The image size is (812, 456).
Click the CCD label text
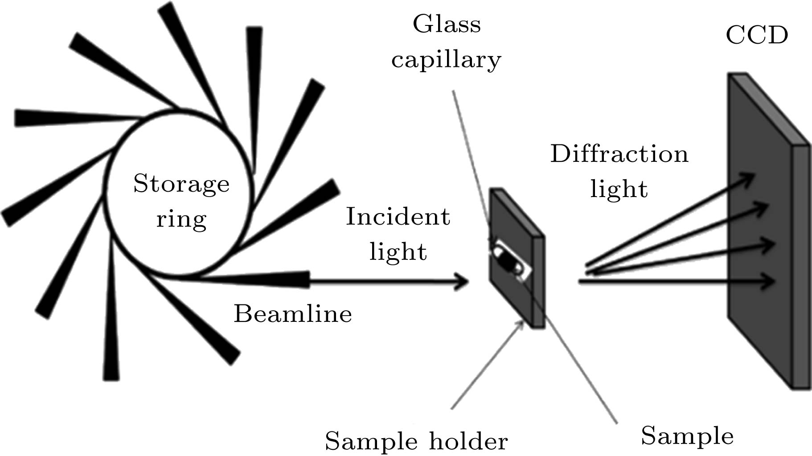[x=757, y=35]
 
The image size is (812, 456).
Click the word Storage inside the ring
[x=181, y=184]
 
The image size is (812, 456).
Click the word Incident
[x=398, y=217]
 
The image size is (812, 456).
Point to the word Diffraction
[x=619, y=154]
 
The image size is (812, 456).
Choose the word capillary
[x=446, y=60]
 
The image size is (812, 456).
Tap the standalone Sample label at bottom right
[x=687, y=435]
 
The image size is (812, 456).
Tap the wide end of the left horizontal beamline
[x=20, y=118]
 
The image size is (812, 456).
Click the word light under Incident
[x=398, y=251]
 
